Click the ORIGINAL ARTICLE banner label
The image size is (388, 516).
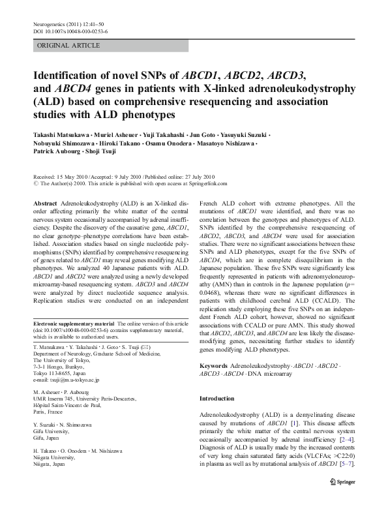68,46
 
